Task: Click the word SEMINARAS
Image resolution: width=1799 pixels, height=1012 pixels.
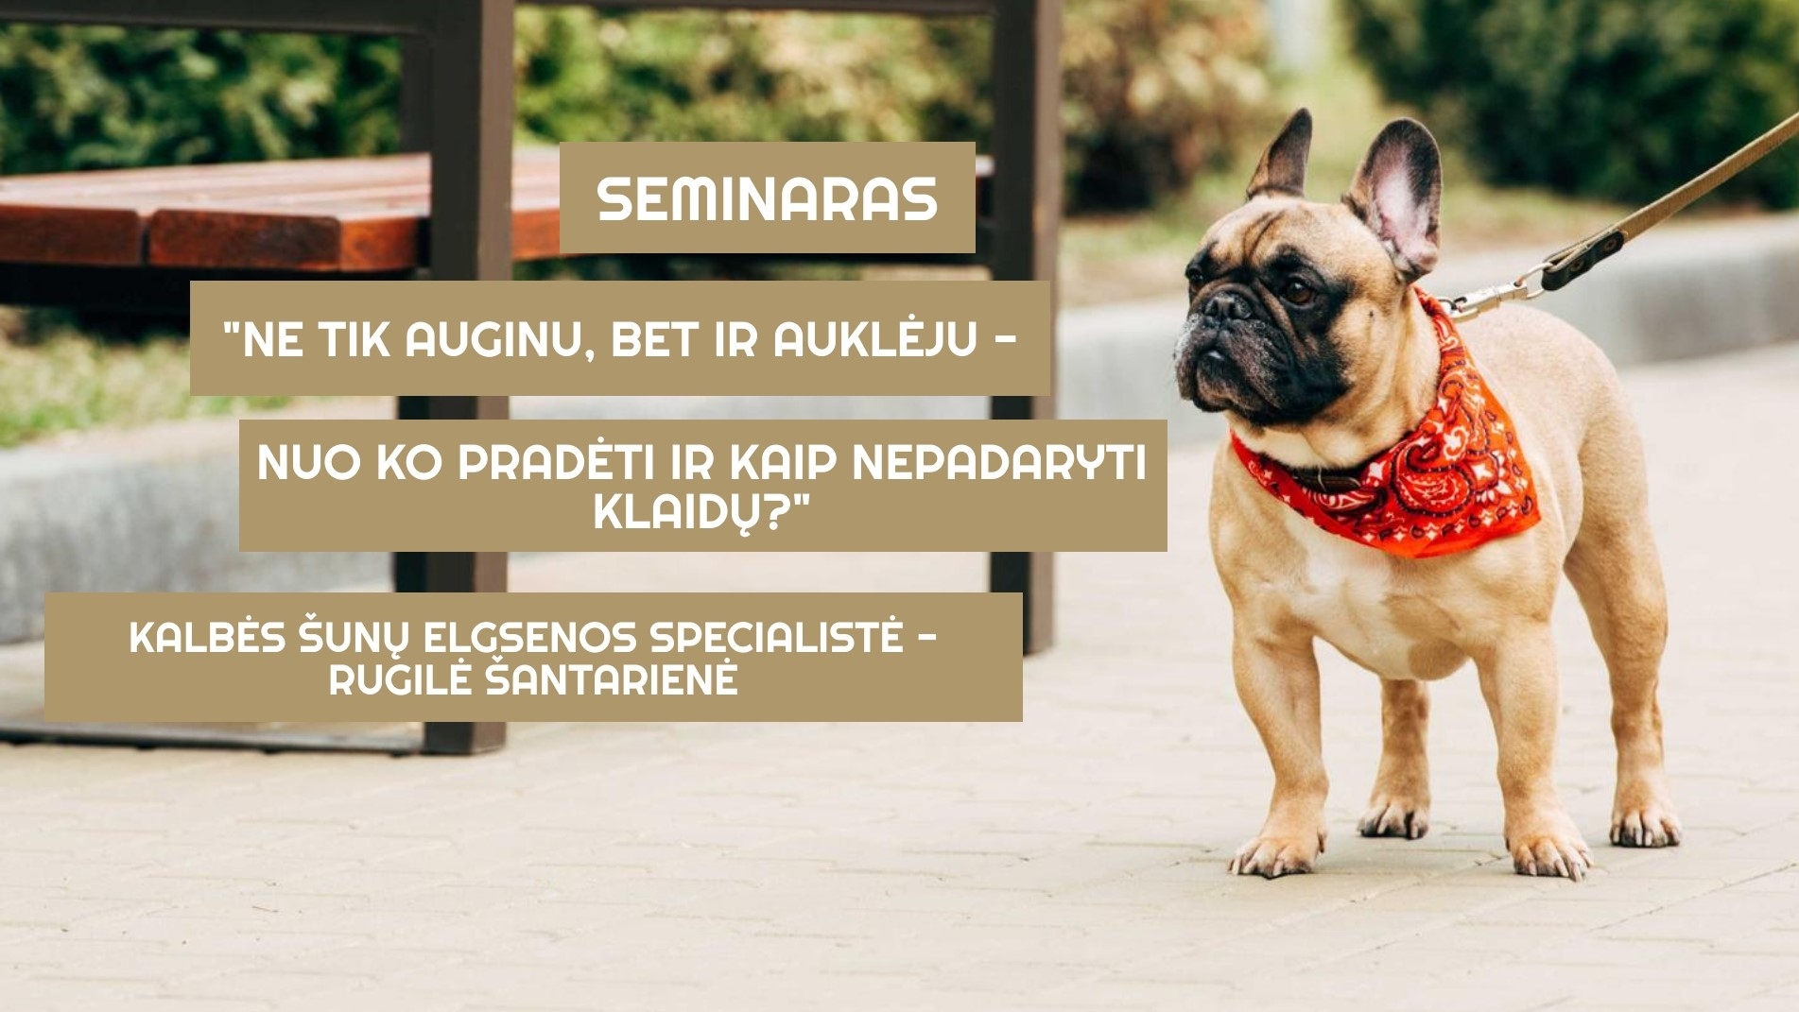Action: pyautogui.click(x=767, y=198)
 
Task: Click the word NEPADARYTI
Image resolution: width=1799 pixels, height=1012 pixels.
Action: pyautogui.click(x=1000, y=462)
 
